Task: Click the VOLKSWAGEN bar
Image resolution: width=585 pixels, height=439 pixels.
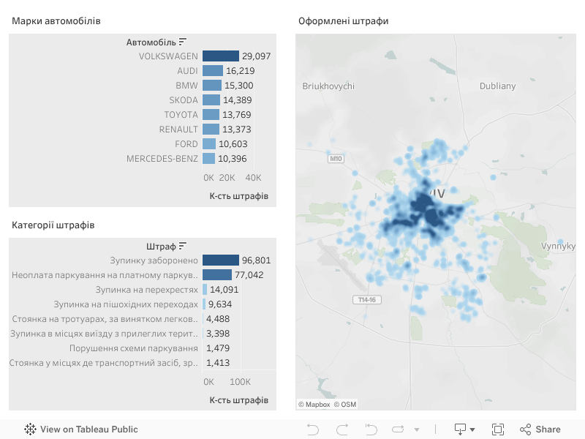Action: pos(221,56)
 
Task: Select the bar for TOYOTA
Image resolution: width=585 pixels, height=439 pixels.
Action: pos(211,115)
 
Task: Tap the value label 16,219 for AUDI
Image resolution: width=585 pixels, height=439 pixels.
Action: pos(241,71)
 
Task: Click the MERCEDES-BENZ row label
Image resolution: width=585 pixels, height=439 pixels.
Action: pos(162,159)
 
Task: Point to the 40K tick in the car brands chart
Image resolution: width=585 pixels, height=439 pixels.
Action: pos(253,178)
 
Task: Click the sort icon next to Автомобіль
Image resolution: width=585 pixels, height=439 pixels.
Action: pos(183,42)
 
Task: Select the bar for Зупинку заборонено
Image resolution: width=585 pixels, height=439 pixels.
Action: pos(221,260)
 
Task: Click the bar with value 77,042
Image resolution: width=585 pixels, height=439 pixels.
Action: pos(217,275)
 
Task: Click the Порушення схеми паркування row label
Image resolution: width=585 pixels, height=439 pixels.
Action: pos(134,348)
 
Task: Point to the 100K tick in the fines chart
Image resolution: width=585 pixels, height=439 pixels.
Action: pos(240,382)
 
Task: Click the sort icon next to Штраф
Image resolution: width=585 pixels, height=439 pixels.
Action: pos(183,246)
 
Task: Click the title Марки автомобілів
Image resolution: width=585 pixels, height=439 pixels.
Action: pos(56,21)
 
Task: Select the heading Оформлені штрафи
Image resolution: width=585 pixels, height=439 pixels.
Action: pos(343,21)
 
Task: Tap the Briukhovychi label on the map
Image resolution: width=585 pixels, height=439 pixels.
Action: pos(328,86)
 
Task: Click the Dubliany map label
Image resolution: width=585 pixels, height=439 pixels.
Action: pos(497,86)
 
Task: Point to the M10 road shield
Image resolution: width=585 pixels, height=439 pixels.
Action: pos(336,158)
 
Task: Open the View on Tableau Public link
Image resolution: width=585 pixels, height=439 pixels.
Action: pos(81,429)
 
